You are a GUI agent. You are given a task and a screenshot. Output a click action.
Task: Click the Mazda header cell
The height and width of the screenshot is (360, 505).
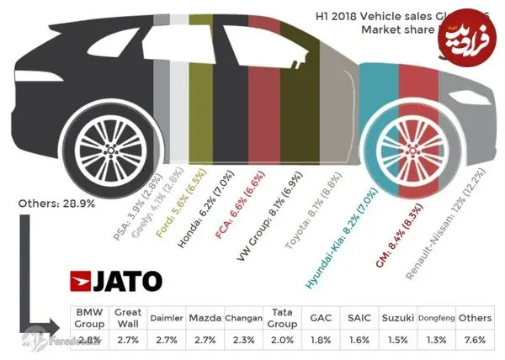click(205, 318)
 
